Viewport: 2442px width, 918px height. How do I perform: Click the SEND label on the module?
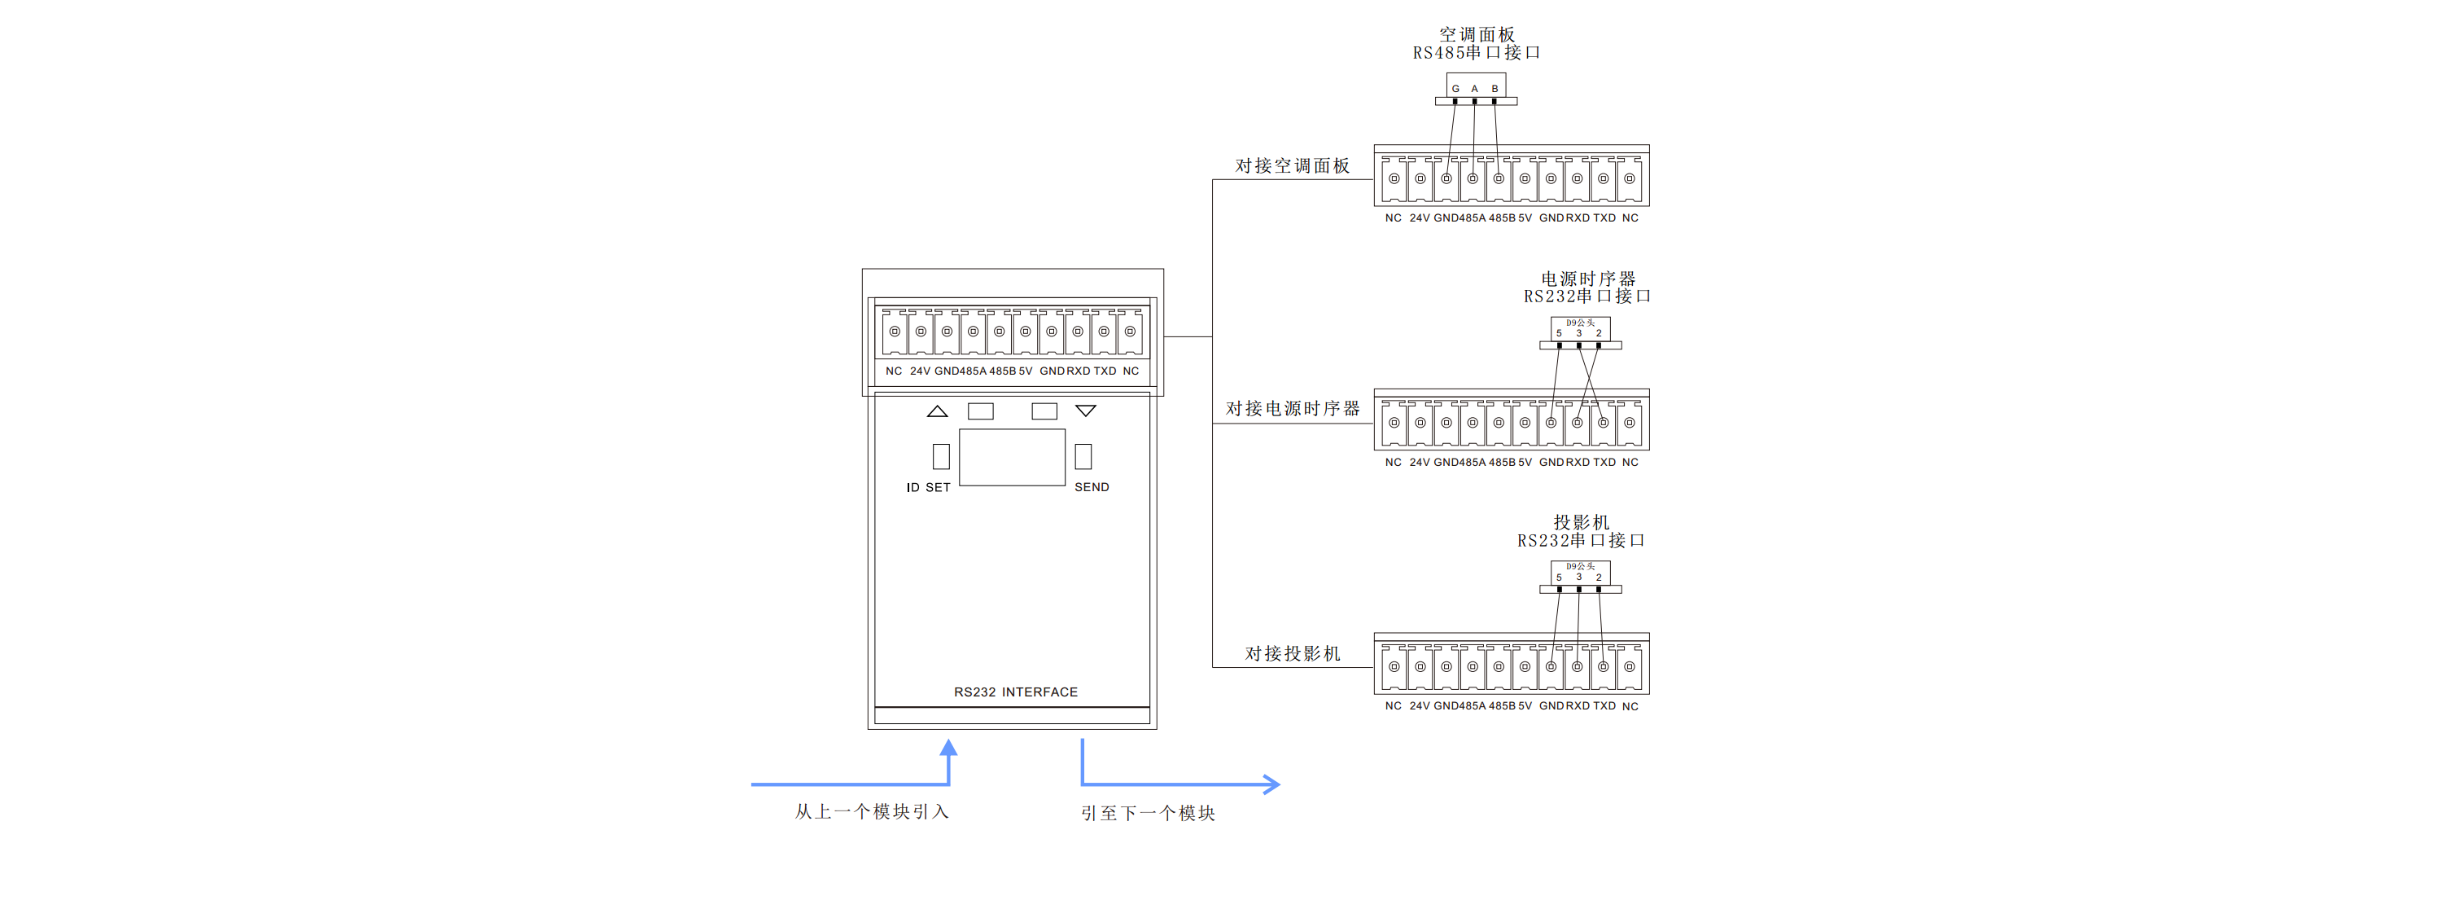click(1091, 487)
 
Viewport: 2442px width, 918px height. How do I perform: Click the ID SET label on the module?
click(927, 487)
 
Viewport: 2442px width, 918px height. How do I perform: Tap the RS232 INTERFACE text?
click(1015, 692)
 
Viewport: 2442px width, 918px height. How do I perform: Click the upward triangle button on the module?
click(937, 411)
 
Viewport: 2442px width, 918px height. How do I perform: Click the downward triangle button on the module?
click(1085, 411)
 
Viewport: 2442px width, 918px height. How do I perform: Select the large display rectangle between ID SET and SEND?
click(1012, 457)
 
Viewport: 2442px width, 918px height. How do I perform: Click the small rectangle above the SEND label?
click(1083, 456)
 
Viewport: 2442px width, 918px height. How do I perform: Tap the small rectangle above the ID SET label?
click(940, 456)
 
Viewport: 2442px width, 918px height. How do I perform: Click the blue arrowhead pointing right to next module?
click(1271, 784)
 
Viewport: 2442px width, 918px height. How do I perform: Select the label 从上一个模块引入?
click(871, 812)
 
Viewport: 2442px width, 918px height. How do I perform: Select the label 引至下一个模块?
click(1147, 814)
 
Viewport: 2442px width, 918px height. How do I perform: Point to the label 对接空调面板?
click(1291, 166)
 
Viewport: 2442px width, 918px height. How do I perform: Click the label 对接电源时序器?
click(1292, 409)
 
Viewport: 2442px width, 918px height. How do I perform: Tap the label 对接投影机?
click(1292, 653)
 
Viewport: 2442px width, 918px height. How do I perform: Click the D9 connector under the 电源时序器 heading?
click(1579, 329)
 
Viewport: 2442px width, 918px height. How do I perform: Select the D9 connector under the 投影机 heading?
click(1579, 573)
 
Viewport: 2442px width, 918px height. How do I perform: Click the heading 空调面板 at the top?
click(1476, 34)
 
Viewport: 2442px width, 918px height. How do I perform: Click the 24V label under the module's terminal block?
click(920, 371)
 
